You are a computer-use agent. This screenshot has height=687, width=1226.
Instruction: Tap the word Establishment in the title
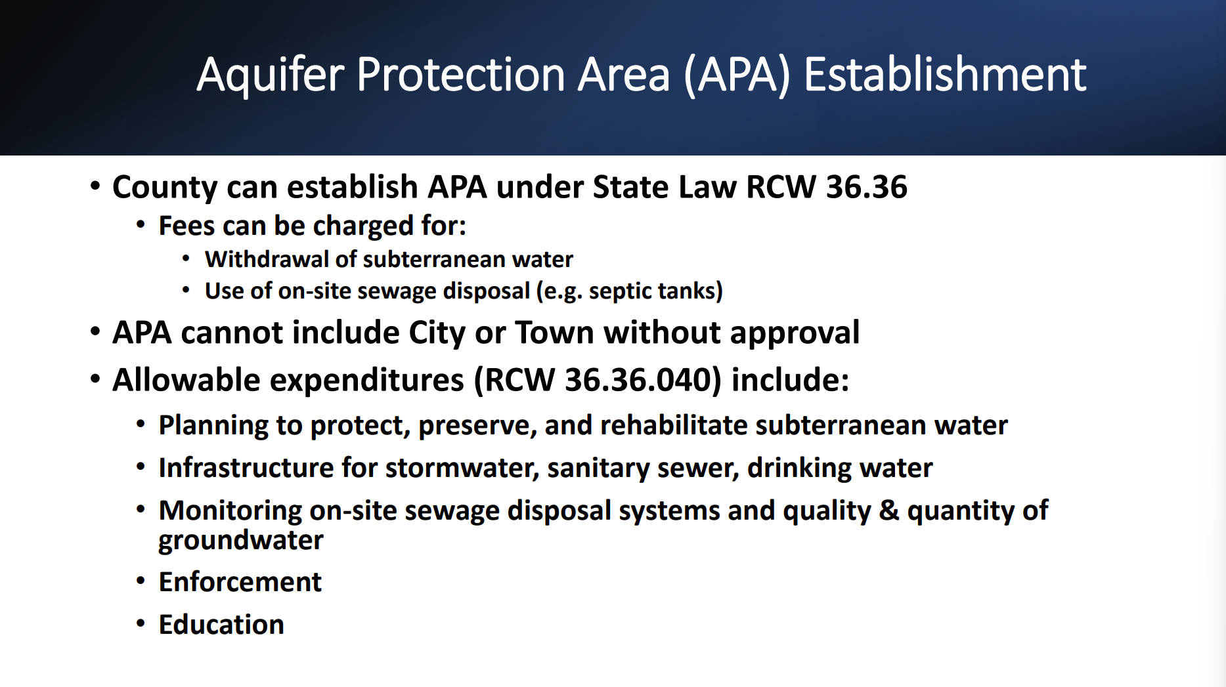(x=946, y=73)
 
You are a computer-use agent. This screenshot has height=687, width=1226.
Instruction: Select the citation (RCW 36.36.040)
(x=598, y=381)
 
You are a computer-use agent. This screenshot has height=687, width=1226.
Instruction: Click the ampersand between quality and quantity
(x=889, y=510)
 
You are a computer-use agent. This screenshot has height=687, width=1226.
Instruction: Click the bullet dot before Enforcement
(x=141, y=581)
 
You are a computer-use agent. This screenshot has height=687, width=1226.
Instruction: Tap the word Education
(x=222, y=625)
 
